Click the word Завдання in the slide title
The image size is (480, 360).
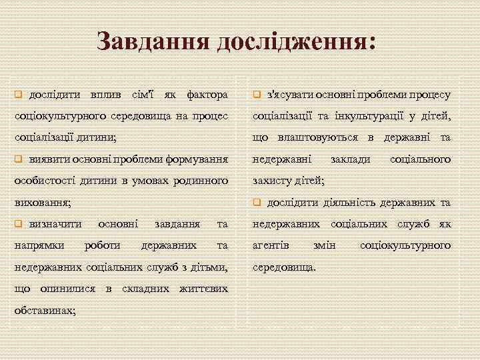(x=147, y=41)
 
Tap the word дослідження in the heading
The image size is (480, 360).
(x=291, y=41)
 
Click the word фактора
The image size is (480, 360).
(x=207, y=96)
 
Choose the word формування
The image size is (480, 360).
(x=198, y=160)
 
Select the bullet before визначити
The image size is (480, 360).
(x=19, y=225)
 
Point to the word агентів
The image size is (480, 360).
(x=271, y=245)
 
